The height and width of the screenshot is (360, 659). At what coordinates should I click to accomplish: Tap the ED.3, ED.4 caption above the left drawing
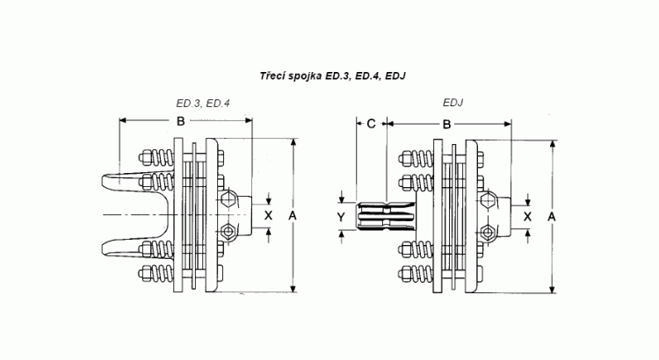[x=203, y=104]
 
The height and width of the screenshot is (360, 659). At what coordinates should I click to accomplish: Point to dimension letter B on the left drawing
[x=180, y=120]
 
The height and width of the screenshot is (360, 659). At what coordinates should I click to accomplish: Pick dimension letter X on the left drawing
[x=268, y=214]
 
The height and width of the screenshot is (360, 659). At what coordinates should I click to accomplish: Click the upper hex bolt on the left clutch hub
[x=228, y=199]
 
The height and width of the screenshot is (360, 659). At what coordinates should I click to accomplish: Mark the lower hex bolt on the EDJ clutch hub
[x=488, y=231]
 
